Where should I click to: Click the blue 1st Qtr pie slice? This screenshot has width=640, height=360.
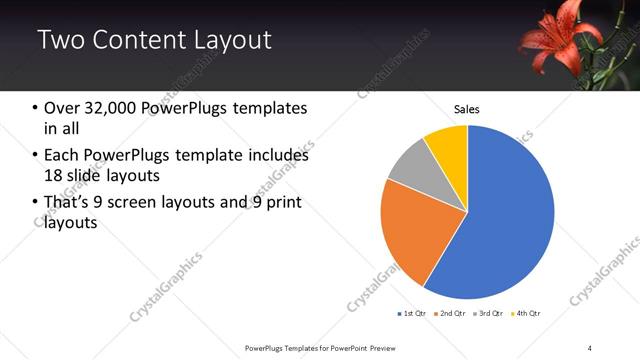[505, 220]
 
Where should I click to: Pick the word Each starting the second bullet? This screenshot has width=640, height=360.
[61, 155]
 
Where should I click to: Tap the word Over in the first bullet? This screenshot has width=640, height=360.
[62, 108]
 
